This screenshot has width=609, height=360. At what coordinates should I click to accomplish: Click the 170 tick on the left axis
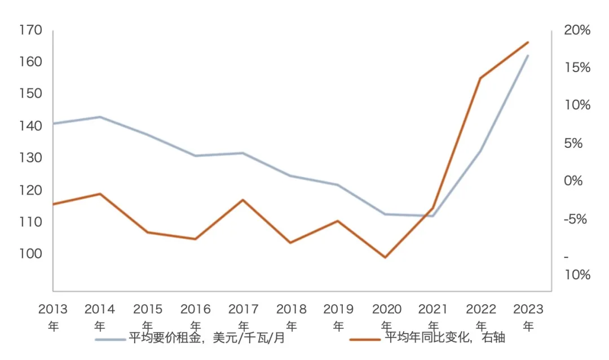pos(30,29)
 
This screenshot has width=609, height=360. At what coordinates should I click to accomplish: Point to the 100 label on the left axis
pos(30,254)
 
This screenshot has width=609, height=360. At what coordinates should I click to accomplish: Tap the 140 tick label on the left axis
pos(30,126)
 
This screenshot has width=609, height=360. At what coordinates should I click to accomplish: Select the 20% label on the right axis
pos(577,30)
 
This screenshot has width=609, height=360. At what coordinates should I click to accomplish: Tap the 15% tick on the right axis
pos(577,68)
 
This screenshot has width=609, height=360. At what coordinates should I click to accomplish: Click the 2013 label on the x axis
pos(53,309)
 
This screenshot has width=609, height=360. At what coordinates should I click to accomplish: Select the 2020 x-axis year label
pos(386,309)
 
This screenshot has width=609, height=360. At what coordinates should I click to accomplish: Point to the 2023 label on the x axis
pos(528,309)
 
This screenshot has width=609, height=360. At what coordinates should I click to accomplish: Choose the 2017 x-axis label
pos(244,309)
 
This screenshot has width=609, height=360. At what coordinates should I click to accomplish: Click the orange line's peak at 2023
pos(528,42)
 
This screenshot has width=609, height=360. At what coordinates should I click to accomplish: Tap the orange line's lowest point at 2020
pos(386,257)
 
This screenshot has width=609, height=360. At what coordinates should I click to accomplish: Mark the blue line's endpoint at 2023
pos(528,55)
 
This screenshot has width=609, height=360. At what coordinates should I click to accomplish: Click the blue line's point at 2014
pos(100,117)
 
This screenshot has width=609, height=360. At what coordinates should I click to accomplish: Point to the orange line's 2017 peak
pos(243,200)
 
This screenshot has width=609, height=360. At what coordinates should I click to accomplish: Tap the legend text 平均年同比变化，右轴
pos(445,338)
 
